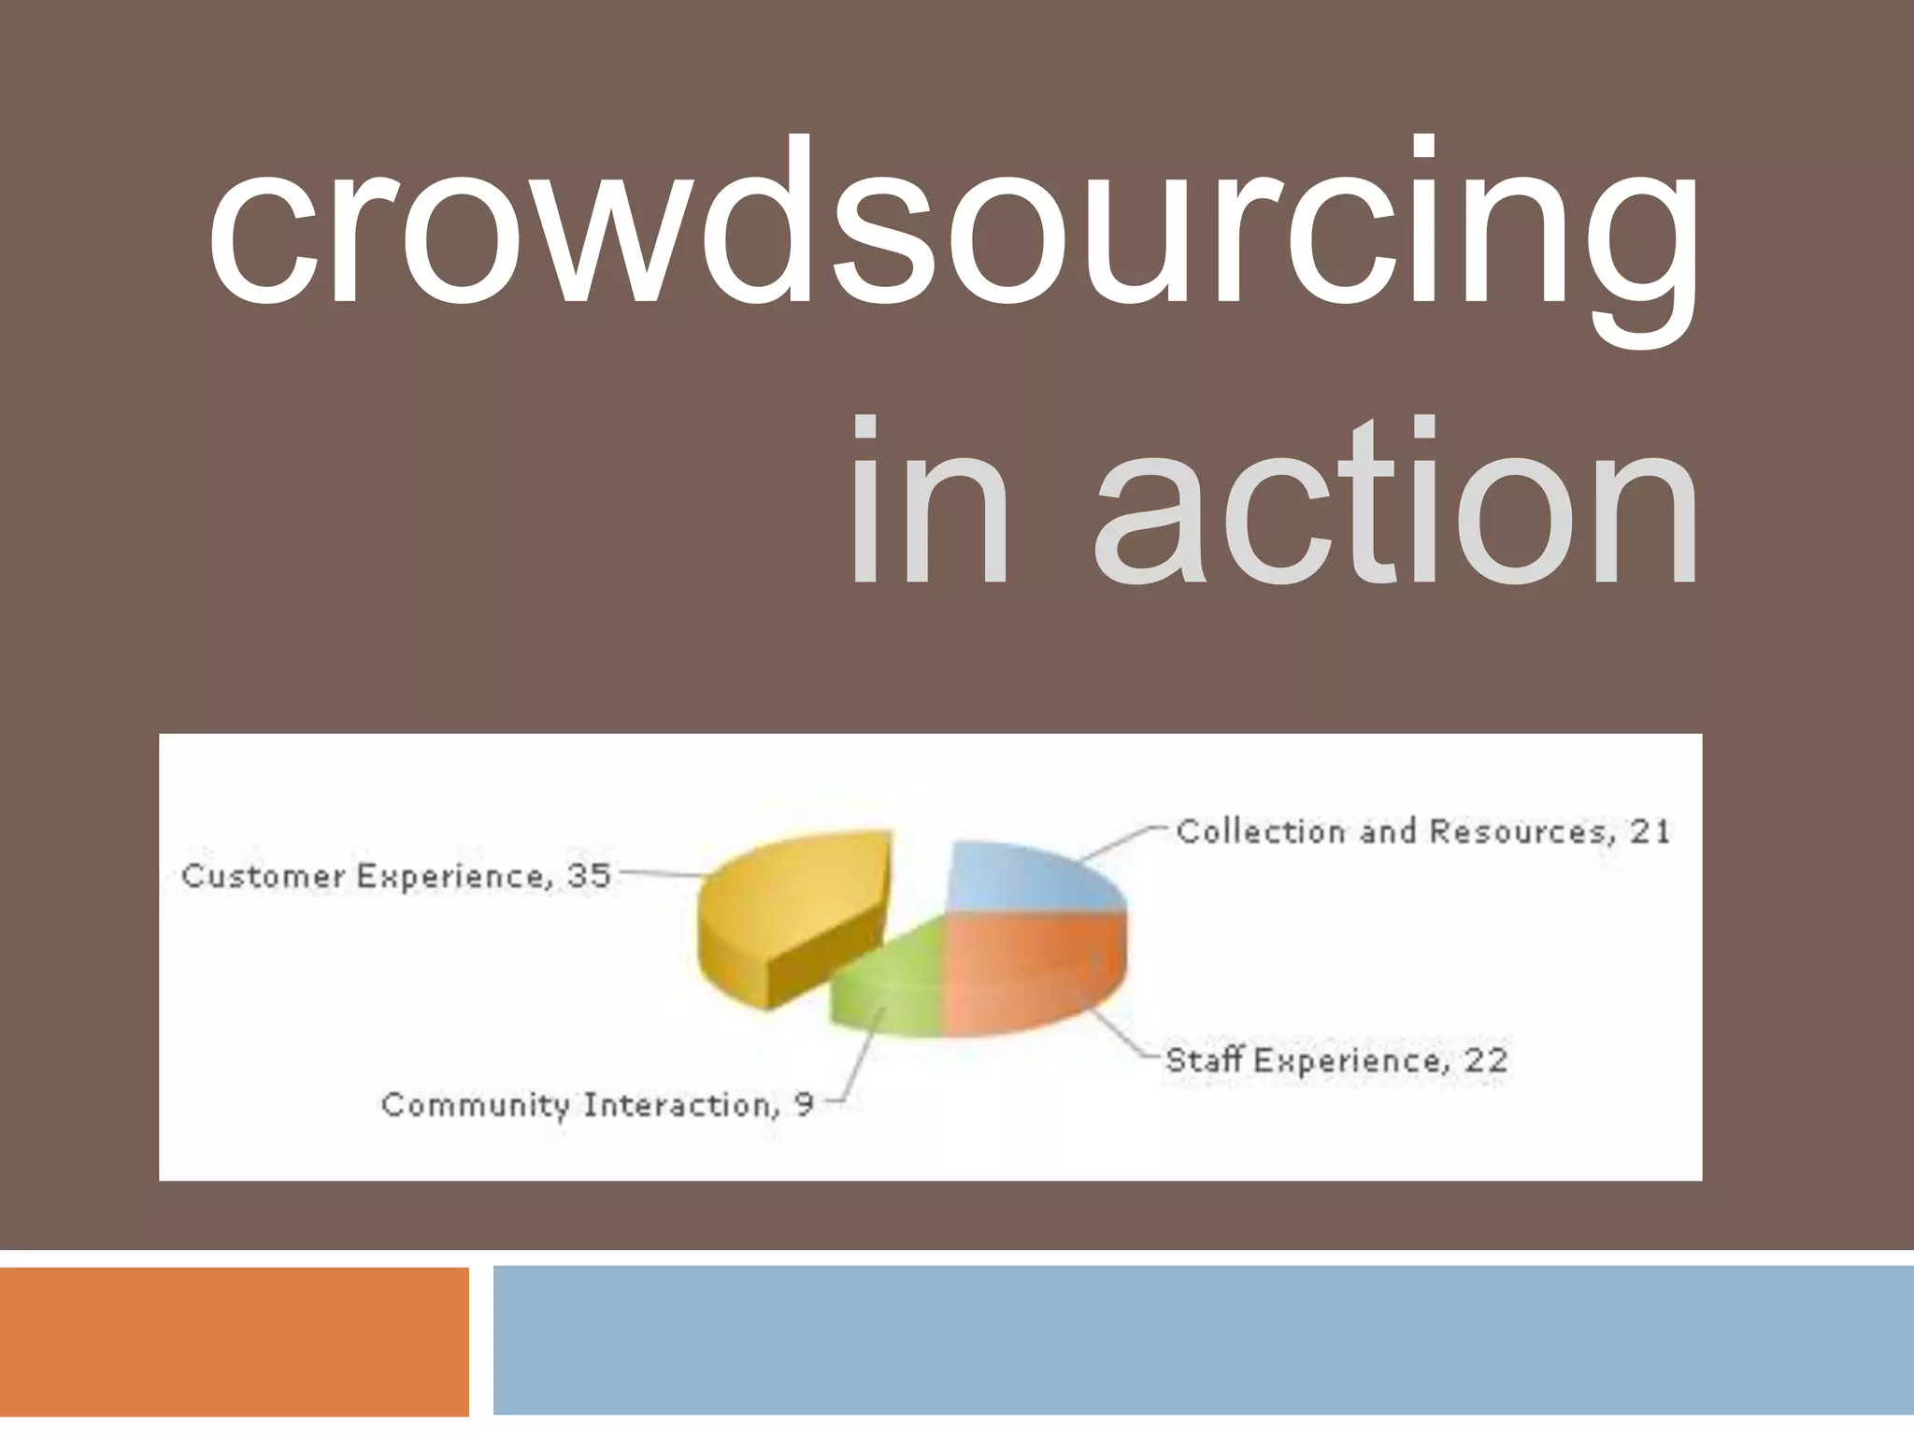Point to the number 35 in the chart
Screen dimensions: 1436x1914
click(x=589, y=876)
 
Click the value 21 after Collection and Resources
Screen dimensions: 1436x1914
click(x=1650, y=831)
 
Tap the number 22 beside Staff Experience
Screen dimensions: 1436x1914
click(x=1486, y=1060)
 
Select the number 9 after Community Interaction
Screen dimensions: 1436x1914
click(x=804, y=1105)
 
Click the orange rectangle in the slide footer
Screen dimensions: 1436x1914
click(x=234, y=1342)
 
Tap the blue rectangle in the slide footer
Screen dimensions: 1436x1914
click(x=1203, y=1342)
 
